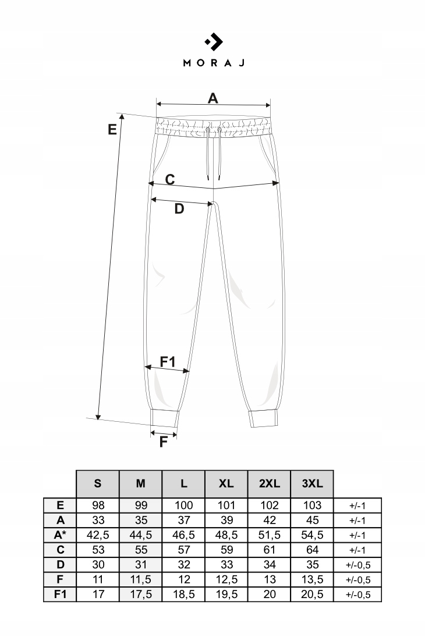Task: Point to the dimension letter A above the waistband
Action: [x=213, y=98]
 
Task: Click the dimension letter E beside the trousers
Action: [x=112, y=129]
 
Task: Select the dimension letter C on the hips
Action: [x=169, y=179]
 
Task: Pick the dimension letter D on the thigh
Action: [x=179, y=209]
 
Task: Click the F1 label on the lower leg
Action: [x=168, y=362]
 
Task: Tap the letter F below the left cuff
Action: [x=164, y=442]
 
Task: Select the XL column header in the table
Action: [x=226, y=483]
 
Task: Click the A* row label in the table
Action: [x=61, y=535]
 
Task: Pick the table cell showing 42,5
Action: [x=98, y=535]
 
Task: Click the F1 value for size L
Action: [x=183, y=595]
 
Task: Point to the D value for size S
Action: [x=98, y=565]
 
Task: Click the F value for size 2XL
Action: [x=270, y=580]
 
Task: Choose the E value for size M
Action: [x=140, y=505]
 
